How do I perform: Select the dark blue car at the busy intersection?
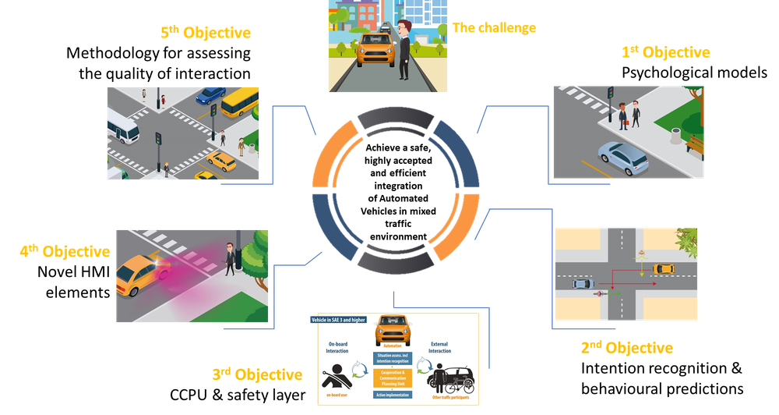coord(210,95)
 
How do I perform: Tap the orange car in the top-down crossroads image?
coord(664,268)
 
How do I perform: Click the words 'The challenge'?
coord(494,29)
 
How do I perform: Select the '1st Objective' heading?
coord(665,53)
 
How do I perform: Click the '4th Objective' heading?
coord(64,251)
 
